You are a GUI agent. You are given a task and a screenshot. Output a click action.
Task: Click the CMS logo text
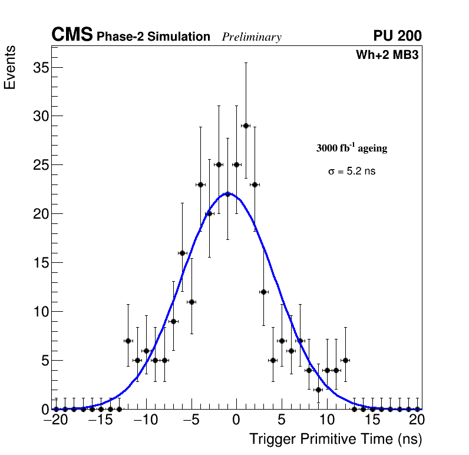[x=72, y=35]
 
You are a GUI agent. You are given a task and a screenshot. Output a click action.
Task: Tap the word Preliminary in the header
[x=252, y=38]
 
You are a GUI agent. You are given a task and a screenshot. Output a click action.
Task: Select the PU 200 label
[x=397, y=36]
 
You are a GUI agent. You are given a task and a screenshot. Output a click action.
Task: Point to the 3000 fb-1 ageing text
[x=352, y=149]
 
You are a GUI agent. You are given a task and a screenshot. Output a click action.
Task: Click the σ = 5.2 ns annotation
[x=352, y=172]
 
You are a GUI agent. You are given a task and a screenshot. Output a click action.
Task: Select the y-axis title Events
[x=10, y=67]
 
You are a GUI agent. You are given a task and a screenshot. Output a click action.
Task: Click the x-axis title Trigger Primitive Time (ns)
[x=335, y=439]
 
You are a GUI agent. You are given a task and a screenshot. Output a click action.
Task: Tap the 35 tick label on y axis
[x=39, y=68]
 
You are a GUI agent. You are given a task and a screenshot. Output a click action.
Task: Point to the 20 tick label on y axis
[x=39, y=214]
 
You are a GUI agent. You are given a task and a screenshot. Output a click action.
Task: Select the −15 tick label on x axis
[x=97, y=421]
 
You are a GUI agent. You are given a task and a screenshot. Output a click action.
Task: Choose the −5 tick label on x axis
[x=187, y=421]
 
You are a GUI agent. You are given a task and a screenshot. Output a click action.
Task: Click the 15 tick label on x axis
[x=372, y=421]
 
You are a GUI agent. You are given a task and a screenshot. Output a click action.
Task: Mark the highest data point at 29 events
[x=246, y=126]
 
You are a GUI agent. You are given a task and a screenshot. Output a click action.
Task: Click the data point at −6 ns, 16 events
[x=182, y=253]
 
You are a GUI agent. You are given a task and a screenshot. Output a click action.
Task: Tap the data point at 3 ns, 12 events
[x=264, y=292]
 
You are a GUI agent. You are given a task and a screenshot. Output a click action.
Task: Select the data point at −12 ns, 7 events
[x=128, y=341]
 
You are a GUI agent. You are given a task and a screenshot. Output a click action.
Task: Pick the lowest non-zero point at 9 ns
[x=318, y=390]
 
